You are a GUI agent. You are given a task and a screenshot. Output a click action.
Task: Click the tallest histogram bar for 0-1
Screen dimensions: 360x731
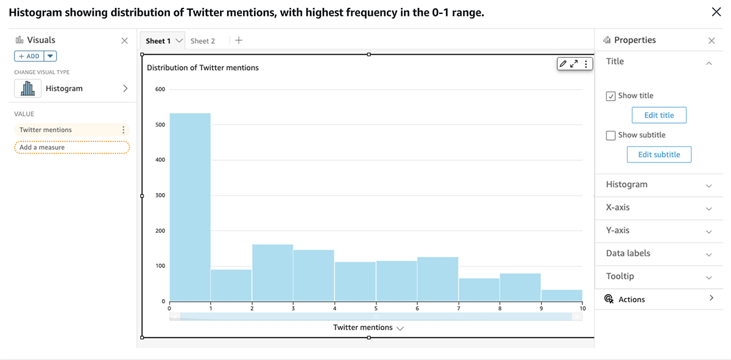click(x=190, y=207)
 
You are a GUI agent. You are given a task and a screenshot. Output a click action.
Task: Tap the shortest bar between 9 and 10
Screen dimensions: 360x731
click(x=562, y=295)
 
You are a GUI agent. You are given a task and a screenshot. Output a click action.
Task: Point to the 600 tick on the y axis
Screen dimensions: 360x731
click(x=160, y=90)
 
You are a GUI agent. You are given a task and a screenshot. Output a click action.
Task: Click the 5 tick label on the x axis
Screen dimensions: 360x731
click(x=376, y=309)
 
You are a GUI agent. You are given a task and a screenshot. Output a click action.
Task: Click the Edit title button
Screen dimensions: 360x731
click(x=659, y=115)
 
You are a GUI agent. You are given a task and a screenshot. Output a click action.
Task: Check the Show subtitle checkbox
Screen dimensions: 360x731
click(x=611, y=135)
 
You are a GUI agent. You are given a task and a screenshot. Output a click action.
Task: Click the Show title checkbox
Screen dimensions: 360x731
click(x=611, y=96)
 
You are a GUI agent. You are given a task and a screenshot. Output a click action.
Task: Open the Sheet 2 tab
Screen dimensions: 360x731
click(x=203, y=41)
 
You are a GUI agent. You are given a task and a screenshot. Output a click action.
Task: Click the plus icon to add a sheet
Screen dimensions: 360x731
click(x=239, y=40)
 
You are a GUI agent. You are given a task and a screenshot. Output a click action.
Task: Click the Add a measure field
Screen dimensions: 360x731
click(x=72, y=147)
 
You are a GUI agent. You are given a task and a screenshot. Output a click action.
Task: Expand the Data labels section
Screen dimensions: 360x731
click(x=659, y=253)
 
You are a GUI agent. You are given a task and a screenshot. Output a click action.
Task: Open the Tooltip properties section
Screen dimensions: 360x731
click(x=659, y=277)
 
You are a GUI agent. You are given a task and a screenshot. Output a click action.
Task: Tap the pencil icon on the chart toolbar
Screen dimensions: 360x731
click(x=563, y=64)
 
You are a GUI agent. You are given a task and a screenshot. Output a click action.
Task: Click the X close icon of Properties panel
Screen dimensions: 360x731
click(x=712, y=40)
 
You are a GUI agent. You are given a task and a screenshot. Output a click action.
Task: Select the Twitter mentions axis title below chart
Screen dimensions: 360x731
click(x=363, y=328)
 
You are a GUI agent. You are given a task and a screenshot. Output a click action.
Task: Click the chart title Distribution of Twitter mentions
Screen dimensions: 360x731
click(x=203, y=68)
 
